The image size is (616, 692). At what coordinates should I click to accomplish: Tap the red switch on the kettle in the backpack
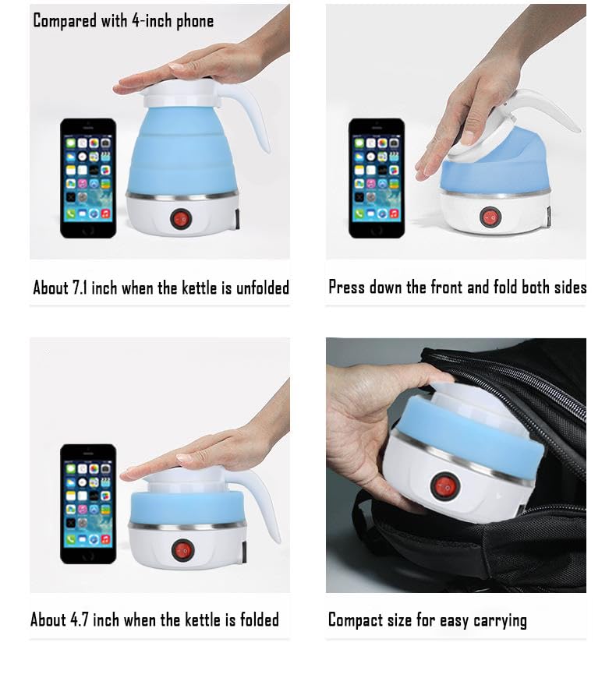[445, 488]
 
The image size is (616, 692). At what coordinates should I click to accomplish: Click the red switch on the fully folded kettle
[182, 550]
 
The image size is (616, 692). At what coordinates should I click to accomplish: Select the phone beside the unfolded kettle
[88, 178]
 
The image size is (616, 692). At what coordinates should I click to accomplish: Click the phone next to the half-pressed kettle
[376, 178]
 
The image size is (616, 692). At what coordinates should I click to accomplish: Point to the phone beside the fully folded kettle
[88, 503]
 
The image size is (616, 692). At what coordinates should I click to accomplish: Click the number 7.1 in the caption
[83, 288]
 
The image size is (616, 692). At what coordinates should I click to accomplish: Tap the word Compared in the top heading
[65, 21]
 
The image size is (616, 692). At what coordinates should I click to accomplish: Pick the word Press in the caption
[347, 287]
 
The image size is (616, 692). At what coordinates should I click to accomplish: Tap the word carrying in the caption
[500, 621]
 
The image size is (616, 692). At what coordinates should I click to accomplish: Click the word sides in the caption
[570, 287]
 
